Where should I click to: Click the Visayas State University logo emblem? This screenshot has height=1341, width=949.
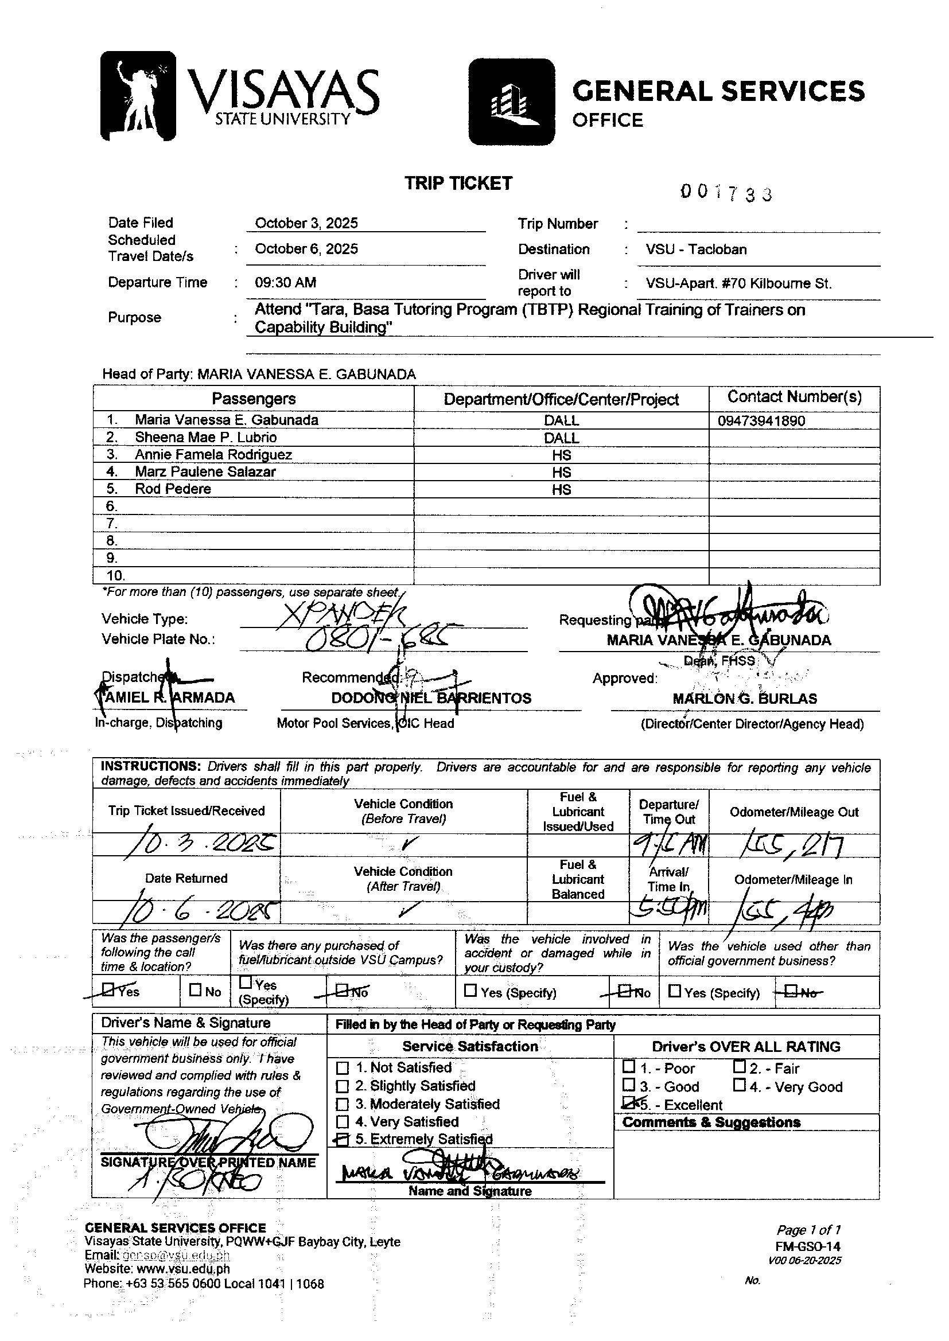pyautogui.click(x=138, y=96)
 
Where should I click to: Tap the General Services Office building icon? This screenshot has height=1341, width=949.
pyautogui.click(x=511, y=102)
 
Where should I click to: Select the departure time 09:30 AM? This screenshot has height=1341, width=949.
pyautogui.click(x=285, y=283)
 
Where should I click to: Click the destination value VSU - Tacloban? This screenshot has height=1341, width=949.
pyautogui.click(x=696, y=250)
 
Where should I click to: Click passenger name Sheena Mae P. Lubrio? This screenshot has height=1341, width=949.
pyautogui.click(x=206, y=438)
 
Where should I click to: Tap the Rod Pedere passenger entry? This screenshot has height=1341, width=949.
pyautogui.click(x=173, y=489)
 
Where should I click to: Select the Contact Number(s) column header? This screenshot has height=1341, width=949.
pyautogui.click(x=794, y=397)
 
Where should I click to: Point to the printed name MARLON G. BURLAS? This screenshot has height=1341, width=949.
pyautogui.click(x=745, y=699)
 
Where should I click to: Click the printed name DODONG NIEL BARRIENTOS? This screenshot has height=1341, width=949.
pyautogui.click(x=431, y=698)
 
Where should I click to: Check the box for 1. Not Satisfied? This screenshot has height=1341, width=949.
pyautogui.click(x=343, y=1068)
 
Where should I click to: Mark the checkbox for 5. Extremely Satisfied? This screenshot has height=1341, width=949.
pyautogui.click(x=343, y=1140)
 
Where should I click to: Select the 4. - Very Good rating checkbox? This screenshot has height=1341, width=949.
pyautogui.click(x=739, y=1085)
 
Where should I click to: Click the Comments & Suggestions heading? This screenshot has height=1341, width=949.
pyautogui.click(x=711, y=1122)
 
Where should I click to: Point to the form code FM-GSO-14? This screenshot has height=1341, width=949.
pyautogui.click(x=808, y=1246)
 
